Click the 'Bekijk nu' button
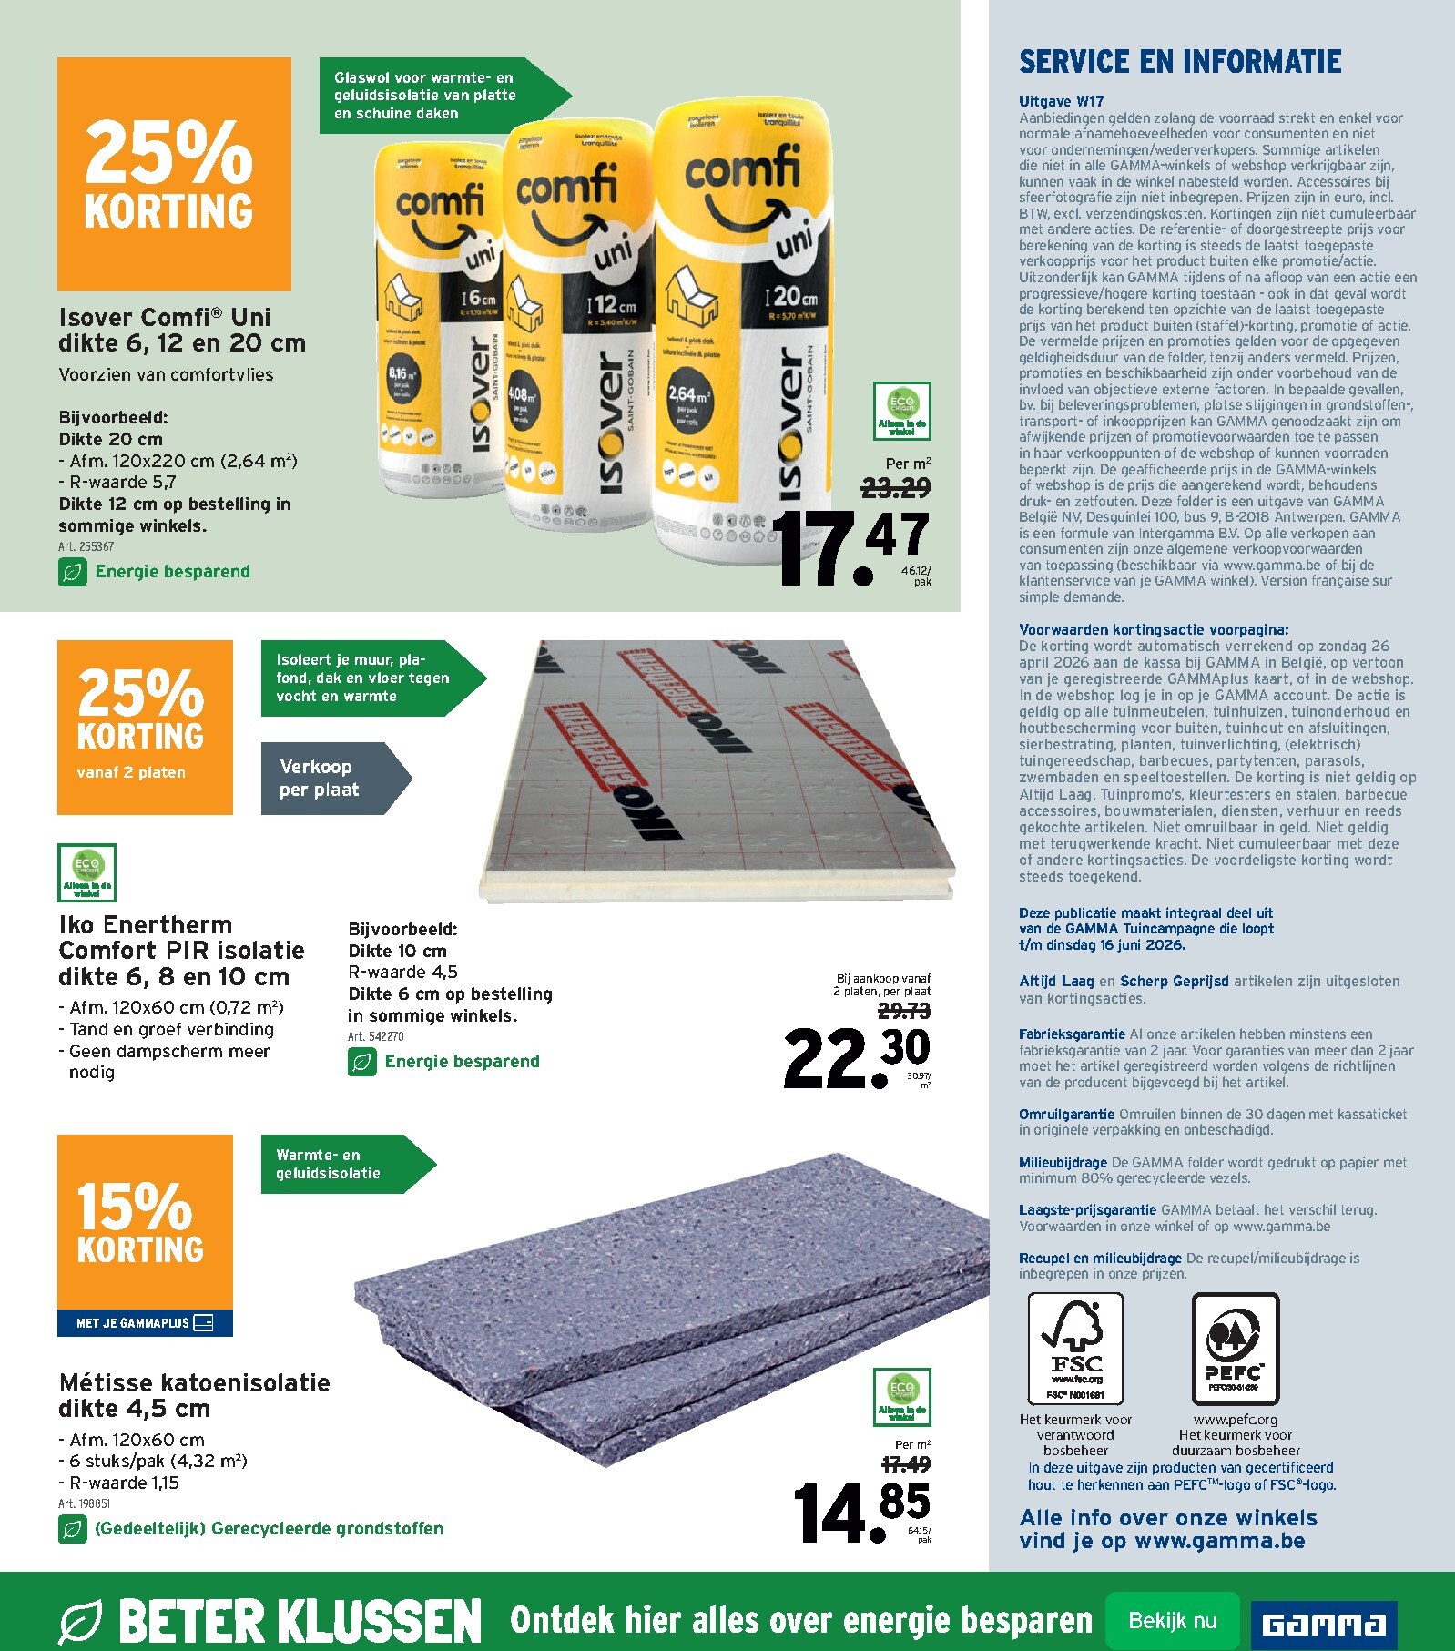tap(1172, 1621)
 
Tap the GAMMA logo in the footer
tap(1323, 1624)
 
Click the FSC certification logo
tap(1075, 1348)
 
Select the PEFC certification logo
tap(1235, 1348)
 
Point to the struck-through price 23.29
tap(896, 489)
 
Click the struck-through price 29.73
tap(904, 1011)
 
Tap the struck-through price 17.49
tap(906, 1464)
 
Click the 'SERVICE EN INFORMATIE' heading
tap(1180, 62)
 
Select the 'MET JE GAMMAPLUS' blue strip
tap(145, 1323)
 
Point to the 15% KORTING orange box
tap(145, 1221)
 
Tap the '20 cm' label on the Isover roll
tap(794, 297)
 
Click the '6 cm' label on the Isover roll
tap(479, 299)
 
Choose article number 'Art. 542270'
tap(375, 1036)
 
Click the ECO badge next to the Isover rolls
tap(901, 412)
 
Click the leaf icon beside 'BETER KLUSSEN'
tap(81, 1622)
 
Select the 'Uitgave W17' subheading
tap(1061, 102)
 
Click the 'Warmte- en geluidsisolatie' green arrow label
tap(337, 1164)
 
